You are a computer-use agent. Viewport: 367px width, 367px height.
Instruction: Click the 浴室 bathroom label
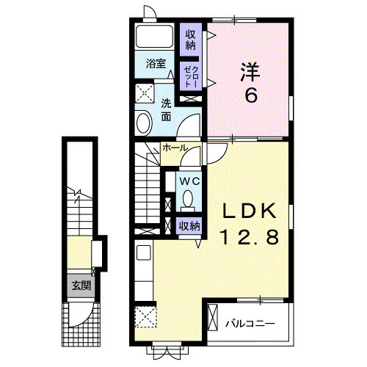point(154,63)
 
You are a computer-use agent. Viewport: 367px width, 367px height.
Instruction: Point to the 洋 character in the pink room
point(250,71)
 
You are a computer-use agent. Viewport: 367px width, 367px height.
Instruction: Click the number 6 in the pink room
point(250,95)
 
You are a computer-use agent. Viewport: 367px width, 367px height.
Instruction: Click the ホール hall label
point(175,148)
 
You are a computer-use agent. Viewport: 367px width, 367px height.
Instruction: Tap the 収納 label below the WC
point(189,226)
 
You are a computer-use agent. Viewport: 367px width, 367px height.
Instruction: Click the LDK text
point(250,211)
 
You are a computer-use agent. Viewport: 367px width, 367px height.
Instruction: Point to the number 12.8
point(250,236)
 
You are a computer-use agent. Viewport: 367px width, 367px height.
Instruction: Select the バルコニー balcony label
point(250,323)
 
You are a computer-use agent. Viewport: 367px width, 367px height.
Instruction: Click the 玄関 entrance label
point(81,285)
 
